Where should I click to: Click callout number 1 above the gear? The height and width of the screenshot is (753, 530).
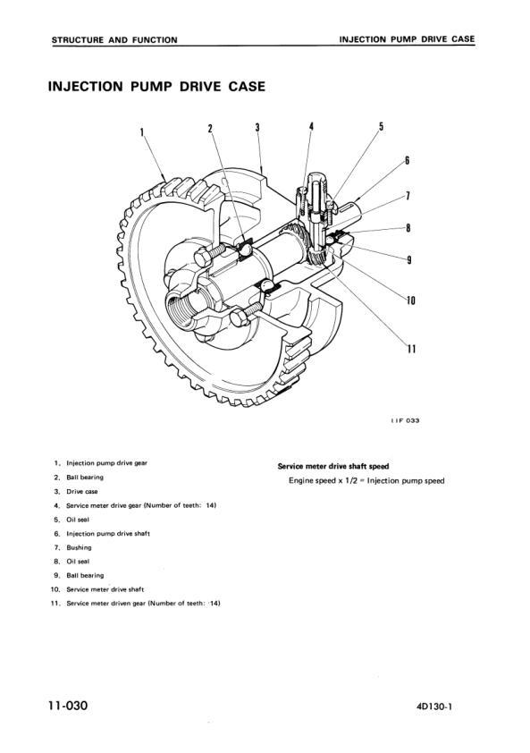point(142,133)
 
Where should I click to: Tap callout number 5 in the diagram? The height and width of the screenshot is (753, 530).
point(381,126)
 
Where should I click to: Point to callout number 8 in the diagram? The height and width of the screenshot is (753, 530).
point(408,227)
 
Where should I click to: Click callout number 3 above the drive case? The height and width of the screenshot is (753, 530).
point(257,127)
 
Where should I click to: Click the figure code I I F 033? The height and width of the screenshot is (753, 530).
point(405,422)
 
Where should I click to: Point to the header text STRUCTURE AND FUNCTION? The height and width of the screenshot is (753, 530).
point(114,39)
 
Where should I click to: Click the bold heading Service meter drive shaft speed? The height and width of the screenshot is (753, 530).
point(332,466)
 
